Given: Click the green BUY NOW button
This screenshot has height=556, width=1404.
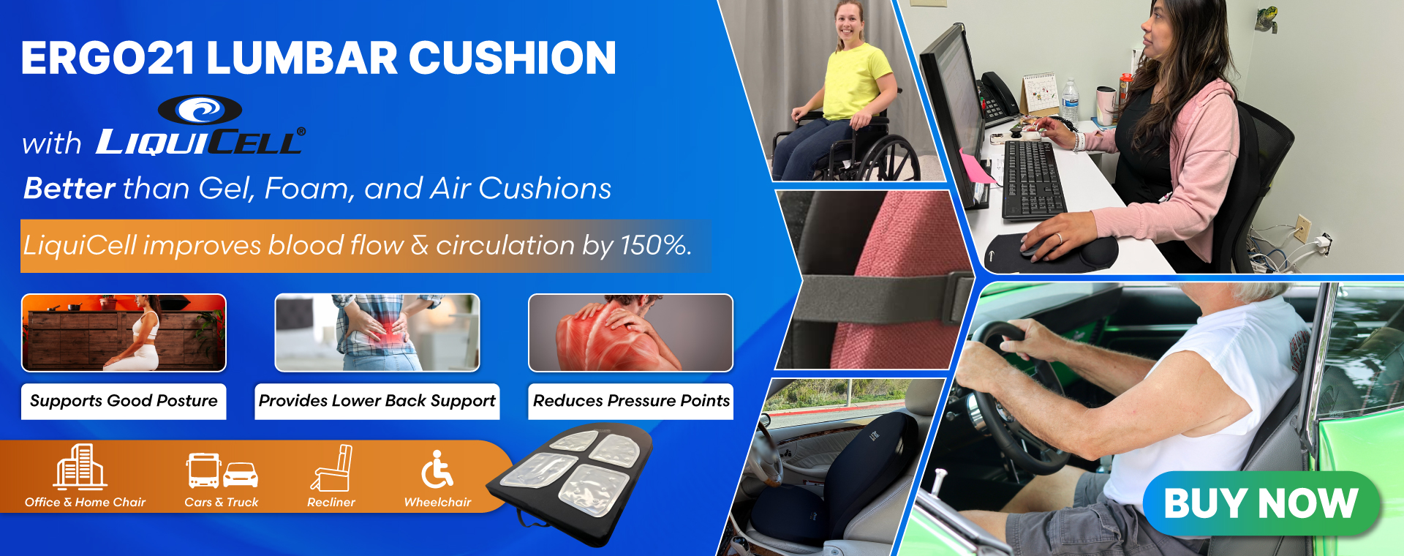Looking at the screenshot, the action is point(1261,503).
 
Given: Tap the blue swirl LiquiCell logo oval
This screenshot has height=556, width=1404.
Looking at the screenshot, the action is point(200,110).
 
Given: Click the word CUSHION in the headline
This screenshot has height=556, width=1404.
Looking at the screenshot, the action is point(513,58).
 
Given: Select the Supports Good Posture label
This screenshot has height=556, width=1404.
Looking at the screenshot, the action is point(124,401).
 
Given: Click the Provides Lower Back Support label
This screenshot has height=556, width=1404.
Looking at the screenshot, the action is point(377,401).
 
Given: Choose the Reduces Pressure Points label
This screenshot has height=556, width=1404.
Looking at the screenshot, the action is point(631,401).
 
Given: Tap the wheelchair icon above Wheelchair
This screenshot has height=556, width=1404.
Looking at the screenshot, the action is point(437,469).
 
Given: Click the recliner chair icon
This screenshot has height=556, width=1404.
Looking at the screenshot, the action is point(332,467).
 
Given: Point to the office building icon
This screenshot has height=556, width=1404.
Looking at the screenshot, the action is point(80,466).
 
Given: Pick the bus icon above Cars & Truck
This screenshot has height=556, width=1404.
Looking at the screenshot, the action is point(203,470).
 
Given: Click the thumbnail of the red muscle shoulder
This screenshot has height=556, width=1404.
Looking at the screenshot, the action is point(630,333).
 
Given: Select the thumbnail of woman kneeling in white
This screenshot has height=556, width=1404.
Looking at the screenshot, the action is point(124,333).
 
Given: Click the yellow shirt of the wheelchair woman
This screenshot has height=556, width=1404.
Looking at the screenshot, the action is point(856,81).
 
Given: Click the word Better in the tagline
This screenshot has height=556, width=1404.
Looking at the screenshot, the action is point(69,189).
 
